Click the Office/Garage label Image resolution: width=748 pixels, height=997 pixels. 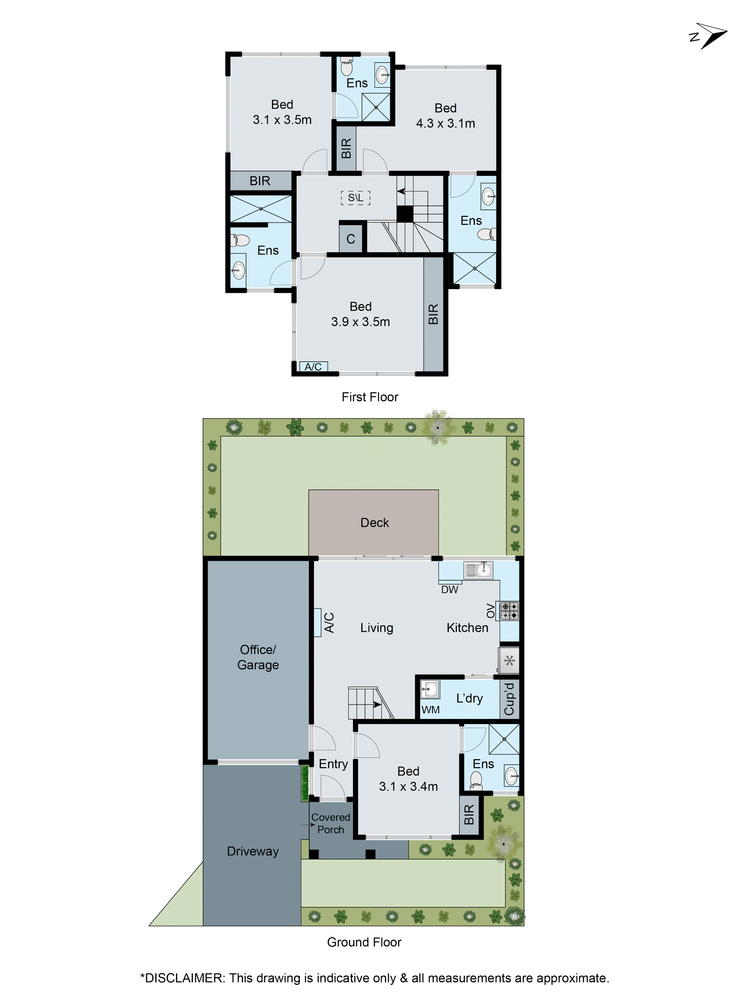258,657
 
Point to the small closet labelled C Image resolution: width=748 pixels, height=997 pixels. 351,239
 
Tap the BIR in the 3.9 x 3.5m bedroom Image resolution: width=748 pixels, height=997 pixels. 433,314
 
